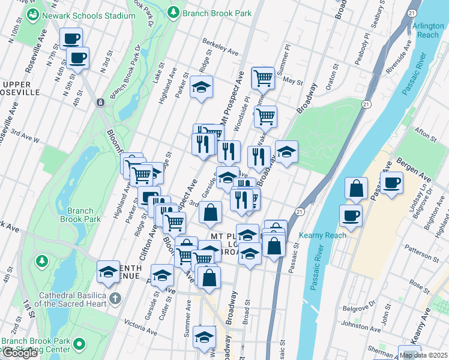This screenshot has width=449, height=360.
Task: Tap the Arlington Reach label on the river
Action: click(x=427, y=31)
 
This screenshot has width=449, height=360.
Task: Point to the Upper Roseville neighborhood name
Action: click(x=21, y=88)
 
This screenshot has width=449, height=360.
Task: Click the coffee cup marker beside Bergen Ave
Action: click(x=391, y=182)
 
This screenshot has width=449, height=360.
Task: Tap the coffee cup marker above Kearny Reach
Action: click(x=351, y=215)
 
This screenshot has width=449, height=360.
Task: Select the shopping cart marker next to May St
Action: click(x=263, y=77)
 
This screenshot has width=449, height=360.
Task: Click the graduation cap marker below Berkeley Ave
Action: click(x=202, y=87)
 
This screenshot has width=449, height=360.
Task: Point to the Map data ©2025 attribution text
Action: click(x=423, y=355)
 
